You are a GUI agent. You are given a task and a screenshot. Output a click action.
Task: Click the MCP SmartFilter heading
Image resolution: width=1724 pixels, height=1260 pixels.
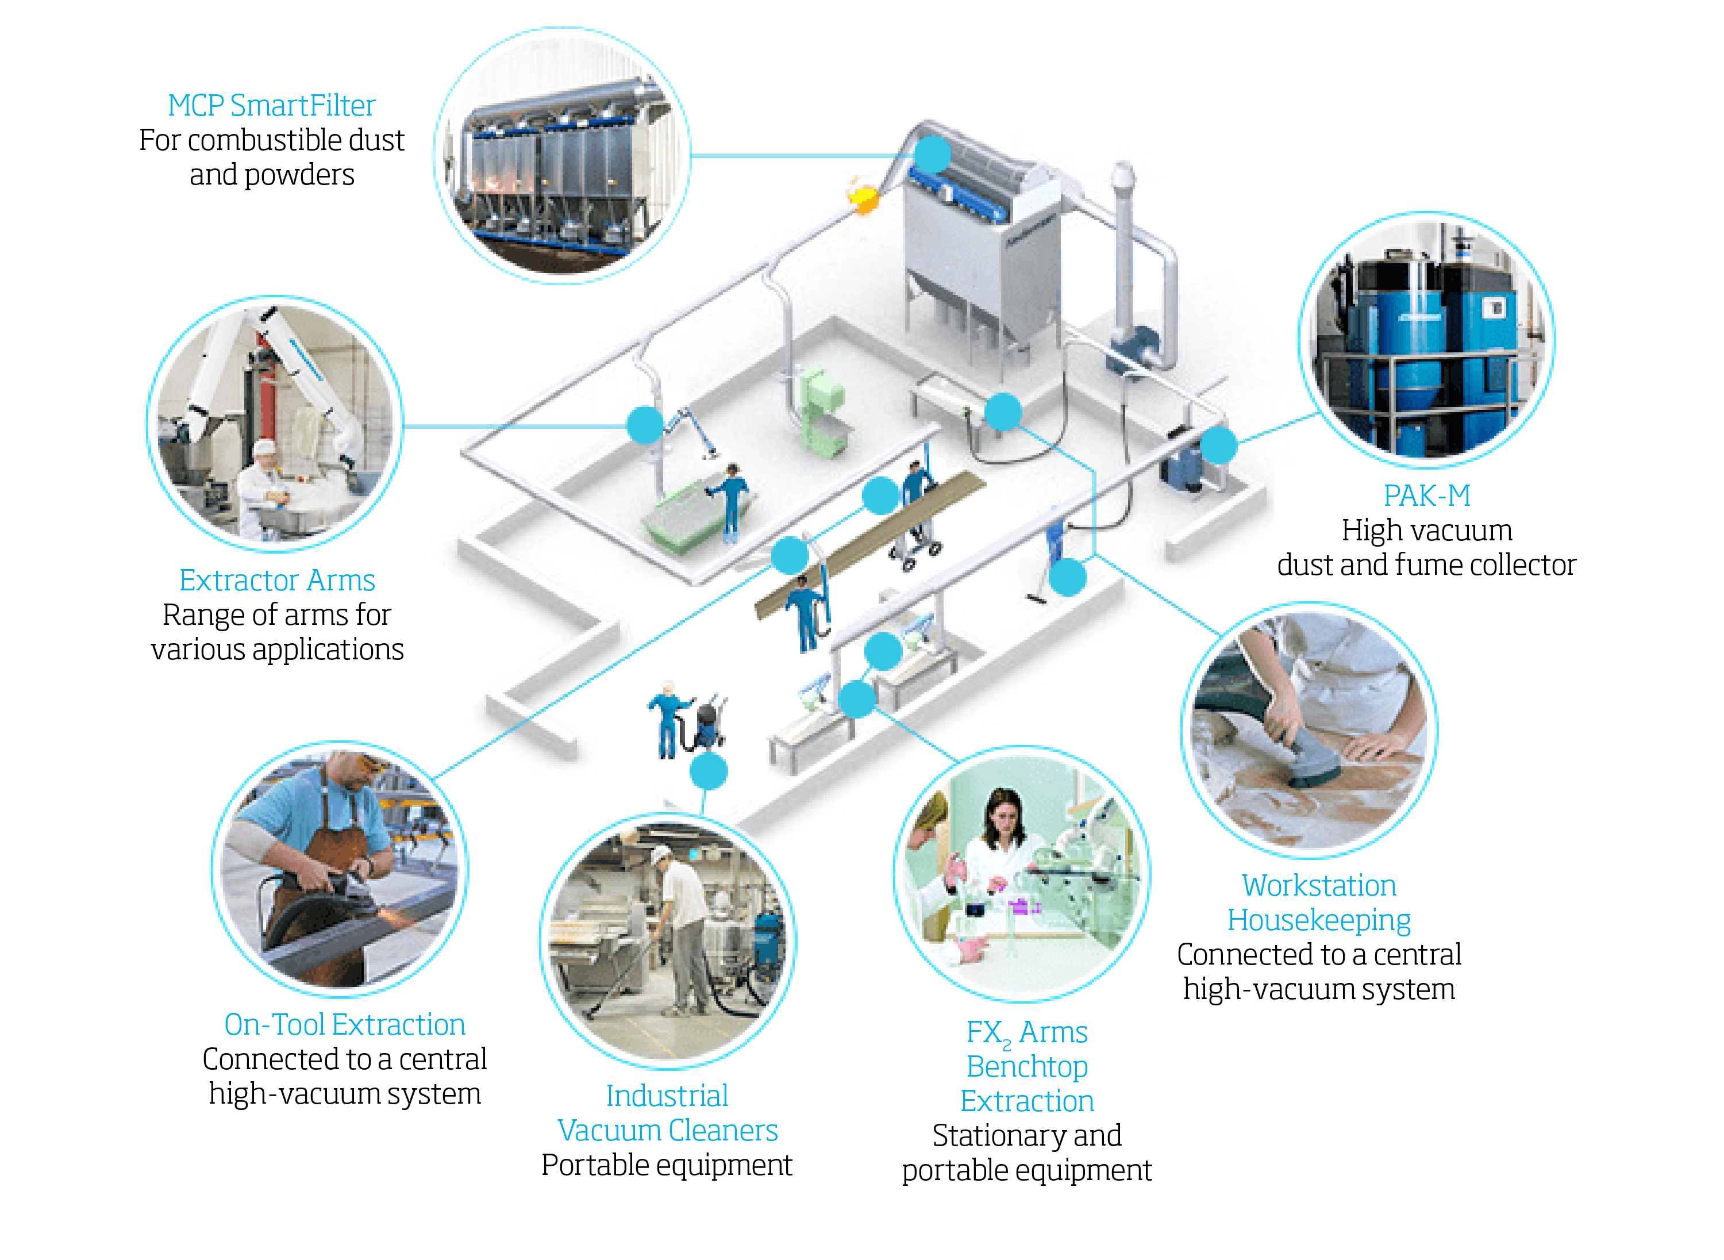[271, 105]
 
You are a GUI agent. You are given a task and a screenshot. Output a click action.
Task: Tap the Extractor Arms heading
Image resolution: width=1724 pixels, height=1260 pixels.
[277, 581]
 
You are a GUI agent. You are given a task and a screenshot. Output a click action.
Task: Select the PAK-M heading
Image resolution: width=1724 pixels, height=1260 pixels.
[1427, 495]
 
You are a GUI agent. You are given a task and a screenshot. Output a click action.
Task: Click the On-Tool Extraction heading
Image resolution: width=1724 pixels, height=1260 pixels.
[345, 1024]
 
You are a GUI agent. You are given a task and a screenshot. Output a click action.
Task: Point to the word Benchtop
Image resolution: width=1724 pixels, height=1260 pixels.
[1026, 1066]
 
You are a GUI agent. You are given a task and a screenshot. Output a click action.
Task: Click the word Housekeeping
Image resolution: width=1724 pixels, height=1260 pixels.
[1318, 920]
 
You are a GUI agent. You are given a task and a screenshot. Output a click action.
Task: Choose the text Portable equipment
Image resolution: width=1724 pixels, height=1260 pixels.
[667, 1165]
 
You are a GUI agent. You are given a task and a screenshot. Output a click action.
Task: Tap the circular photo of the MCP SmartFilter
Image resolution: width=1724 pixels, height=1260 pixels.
[563, 156]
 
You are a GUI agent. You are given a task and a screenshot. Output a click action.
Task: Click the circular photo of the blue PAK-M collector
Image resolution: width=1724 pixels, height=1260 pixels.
[1426, 339]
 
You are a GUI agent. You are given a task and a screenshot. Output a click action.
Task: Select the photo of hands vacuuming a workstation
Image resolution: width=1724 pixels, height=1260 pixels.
[1309, 730]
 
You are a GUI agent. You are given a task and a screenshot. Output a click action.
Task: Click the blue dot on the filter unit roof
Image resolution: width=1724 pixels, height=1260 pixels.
[932, 155]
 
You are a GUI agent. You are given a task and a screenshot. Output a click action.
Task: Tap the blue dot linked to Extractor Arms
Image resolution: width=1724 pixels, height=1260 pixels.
[645, 425]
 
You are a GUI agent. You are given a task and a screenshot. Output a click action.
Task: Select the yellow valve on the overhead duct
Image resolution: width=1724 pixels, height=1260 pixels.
[863, 198]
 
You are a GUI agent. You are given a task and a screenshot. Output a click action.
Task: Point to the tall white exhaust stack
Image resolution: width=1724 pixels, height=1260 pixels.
[1123, 252]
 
